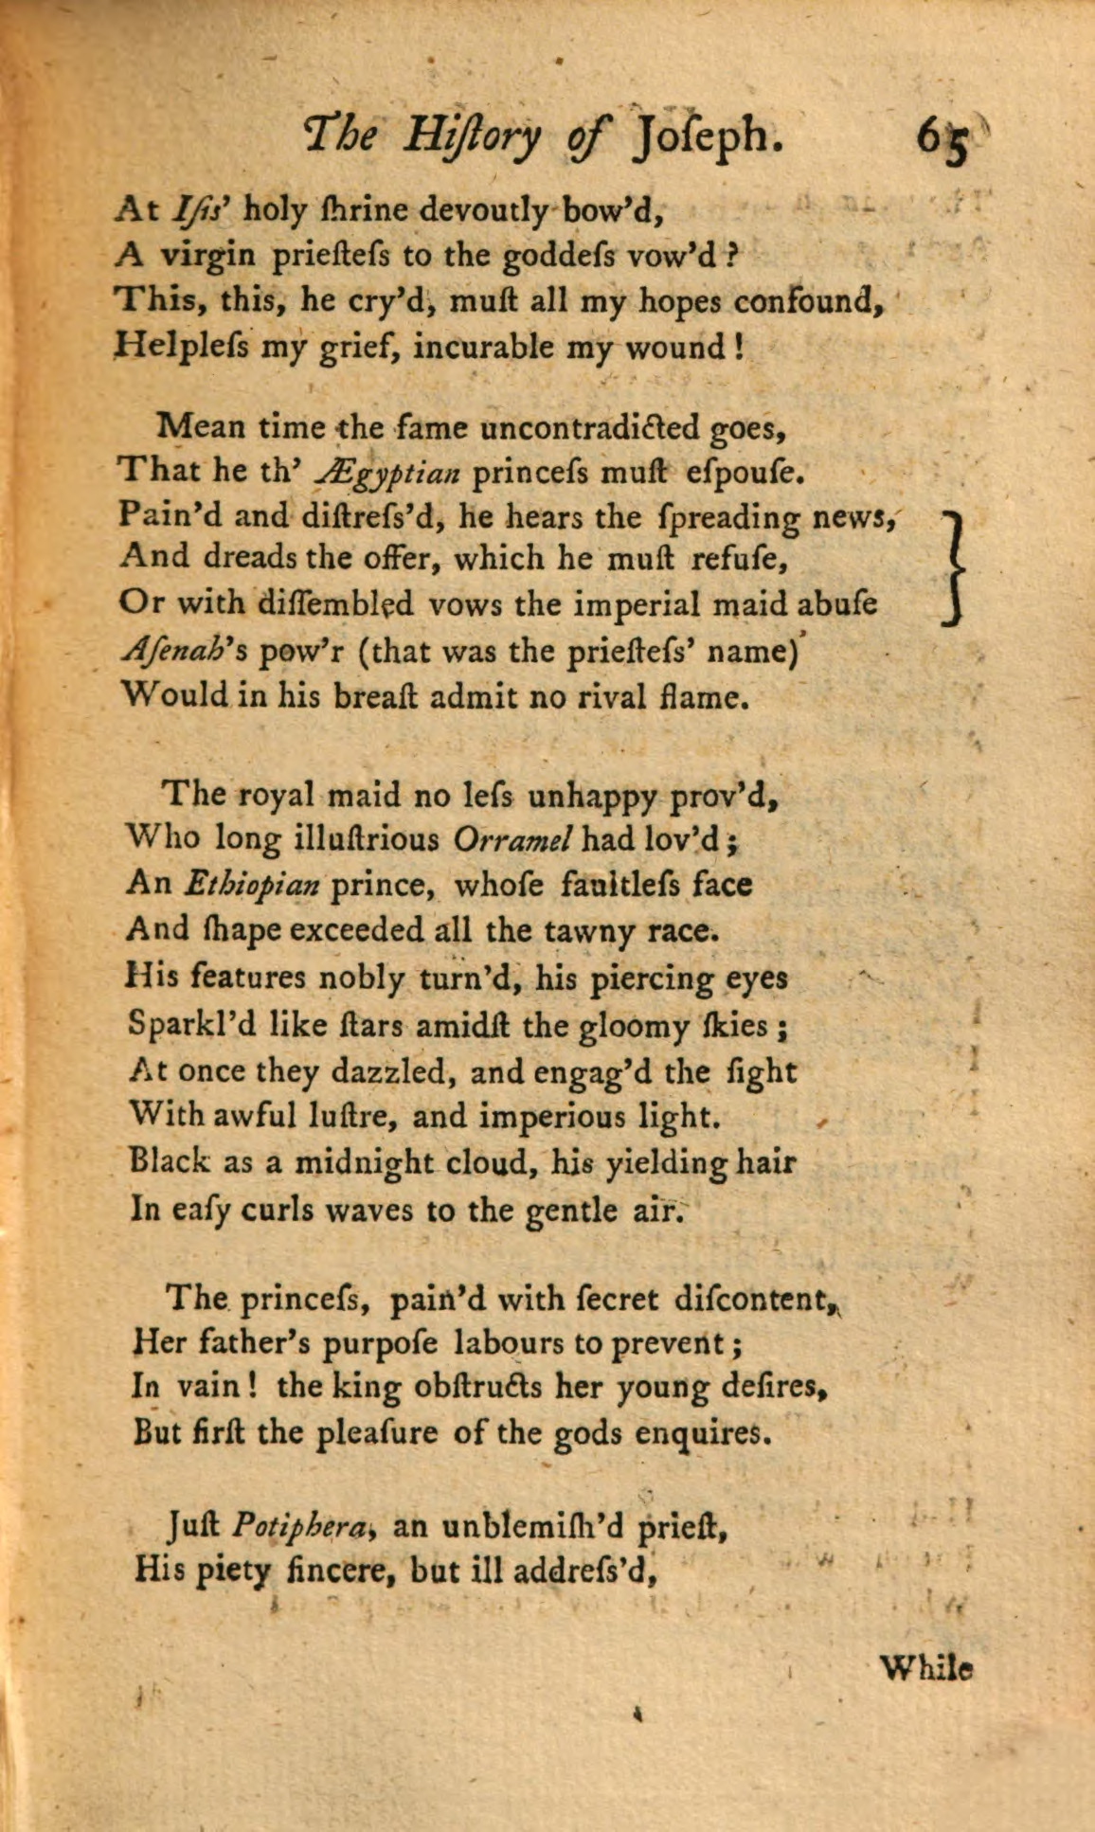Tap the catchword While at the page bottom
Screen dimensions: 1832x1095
(x=926, y=1667)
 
